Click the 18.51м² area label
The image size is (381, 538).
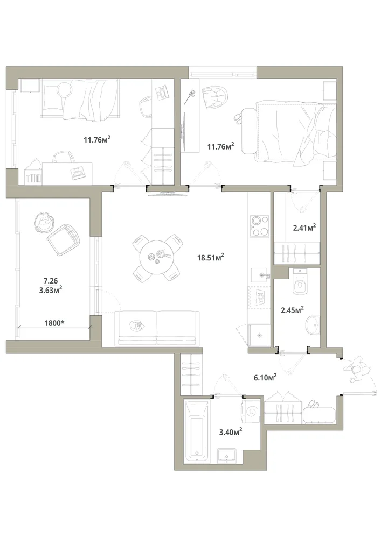(211, 257)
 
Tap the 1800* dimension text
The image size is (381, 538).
(55, 323)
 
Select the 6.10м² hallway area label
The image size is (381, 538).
(265, 378)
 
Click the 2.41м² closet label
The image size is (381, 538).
(304, 227)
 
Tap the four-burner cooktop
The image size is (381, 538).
(259, 226)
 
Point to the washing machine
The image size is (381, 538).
(252, 410)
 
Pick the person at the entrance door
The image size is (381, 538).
(358, 369)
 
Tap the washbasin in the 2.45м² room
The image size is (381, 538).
(313, 324)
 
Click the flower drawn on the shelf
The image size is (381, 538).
(190, 97)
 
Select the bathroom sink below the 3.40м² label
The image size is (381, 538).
(227, 455)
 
